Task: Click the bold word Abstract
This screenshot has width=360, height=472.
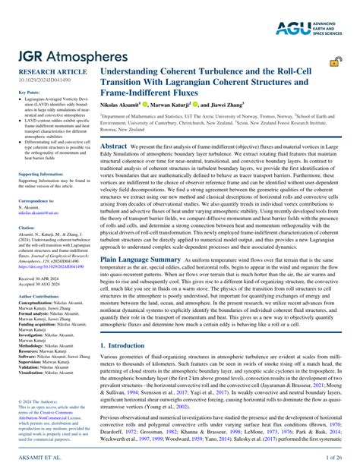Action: tap(114, 145)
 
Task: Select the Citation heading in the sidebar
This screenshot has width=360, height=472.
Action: tap(26, 227)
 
